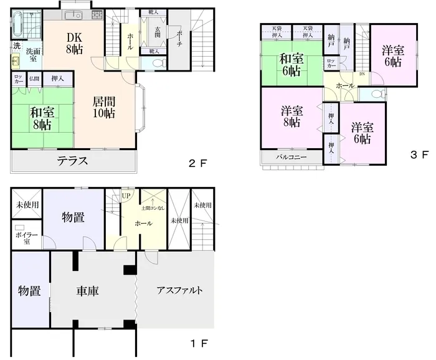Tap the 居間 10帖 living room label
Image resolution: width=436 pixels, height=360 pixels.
click(104, 107)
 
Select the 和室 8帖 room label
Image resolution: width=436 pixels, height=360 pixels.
click(42, 118)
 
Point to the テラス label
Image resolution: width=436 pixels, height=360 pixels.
click(72, 161)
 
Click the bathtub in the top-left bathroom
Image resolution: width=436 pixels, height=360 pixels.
click(17, 26)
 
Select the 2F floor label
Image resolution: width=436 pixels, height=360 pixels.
click(197, 164)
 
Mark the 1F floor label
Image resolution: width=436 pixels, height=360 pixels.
click(199, 343)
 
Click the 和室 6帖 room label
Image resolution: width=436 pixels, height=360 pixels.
click(291, 65)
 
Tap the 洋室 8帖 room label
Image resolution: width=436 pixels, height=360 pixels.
click(291, 117)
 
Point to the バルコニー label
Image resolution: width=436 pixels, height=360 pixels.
click(292, 158)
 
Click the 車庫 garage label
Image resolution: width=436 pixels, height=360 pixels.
click(88, 291)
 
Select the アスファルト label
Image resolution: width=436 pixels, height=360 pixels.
click(179, 291)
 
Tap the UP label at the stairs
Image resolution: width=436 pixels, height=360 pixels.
click(126, 196)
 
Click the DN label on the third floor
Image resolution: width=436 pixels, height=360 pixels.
click(362, 74)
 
